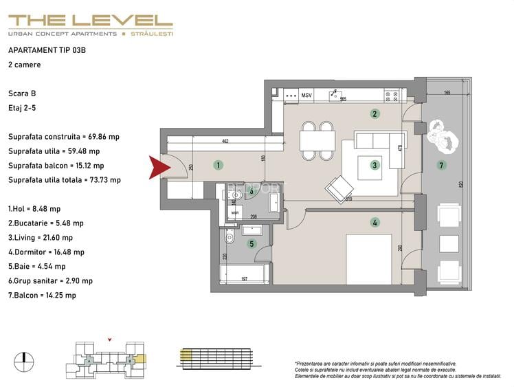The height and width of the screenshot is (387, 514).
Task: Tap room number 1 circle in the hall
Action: pyautogui.click(x=217, y=165)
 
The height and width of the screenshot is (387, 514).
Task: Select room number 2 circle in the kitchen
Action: pyautogui.click(x=375, y=114)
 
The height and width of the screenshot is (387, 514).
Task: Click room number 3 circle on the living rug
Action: pyautogui.click(x=375, y=165)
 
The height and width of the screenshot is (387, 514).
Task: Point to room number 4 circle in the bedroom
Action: pyautogui.click(x=375, y=222)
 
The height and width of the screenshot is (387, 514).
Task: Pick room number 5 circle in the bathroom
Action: pyautogui.click(x=252, y=243)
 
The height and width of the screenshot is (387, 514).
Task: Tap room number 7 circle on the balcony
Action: pyautogui.click(x=442, y=165)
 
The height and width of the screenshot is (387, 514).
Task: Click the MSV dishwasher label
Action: pyautogui.click(x=306, y=96)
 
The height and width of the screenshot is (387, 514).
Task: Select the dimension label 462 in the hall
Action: pyautogui.click(x=224, y=141)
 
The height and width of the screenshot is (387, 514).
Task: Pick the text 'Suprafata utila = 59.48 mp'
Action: pyautogui.click(x=54, y=151)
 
